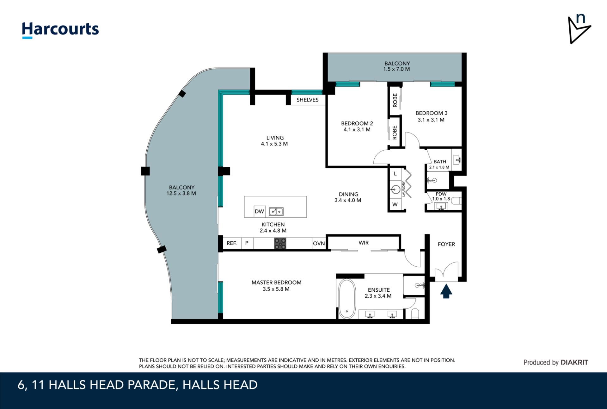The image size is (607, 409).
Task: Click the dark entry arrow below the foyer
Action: tap(446, 291)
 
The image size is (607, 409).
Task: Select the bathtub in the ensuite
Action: tap(347, 299)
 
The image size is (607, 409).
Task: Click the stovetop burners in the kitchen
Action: tap(280, 244)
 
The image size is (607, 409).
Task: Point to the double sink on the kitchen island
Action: tap(276, 211)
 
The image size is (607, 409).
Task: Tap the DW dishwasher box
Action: tap(259, 211)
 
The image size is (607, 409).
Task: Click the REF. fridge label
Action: tap(231, 243)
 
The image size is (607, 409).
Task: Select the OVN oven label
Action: tap(319, 243)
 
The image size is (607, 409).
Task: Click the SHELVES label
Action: tap(307, 100)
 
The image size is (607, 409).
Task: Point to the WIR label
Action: tap(364, 243)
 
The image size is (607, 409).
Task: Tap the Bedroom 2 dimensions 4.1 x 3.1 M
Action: tap(357, 129)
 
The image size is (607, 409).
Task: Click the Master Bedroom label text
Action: tap(276, 282)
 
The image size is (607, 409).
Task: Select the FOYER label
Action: tap(446, 244)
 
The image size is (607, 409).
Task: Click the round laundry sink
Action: tap(396, 190)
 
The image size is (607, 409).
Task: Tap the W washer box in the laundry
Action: tap(395, 204)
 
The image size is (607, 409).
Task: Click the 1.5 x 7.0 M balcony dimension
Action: tap(396, 69)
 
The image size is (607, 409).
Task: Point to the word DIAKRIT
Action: tap(574, 363)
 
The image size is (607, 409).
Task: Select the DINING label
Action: tap(348, 194)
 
